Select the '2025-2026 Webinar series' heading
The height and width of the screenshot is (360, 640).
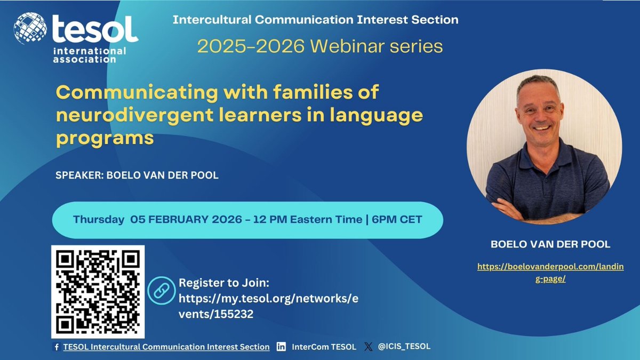coord(320,46)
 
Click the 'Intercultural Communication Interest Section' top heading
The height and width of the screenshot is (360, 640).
coord(315,20)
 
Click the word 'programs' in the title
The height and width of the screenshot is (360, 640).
coord(105,137)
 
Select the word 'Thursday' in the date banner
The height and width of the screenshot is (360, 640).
coord(99,220)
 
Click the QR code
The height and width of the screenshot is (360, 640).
coord(98,291)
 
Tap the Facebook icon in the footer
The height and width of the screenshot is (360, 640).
coord(57,347)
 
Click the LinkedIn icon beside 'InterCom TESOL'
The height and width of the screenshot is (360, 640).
coord(281,347)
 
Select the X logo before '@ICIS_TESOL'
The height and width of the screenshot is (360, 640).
coord(368,347)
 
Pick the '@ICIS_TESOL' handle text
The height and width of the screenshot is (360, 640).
coord(404,347)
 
